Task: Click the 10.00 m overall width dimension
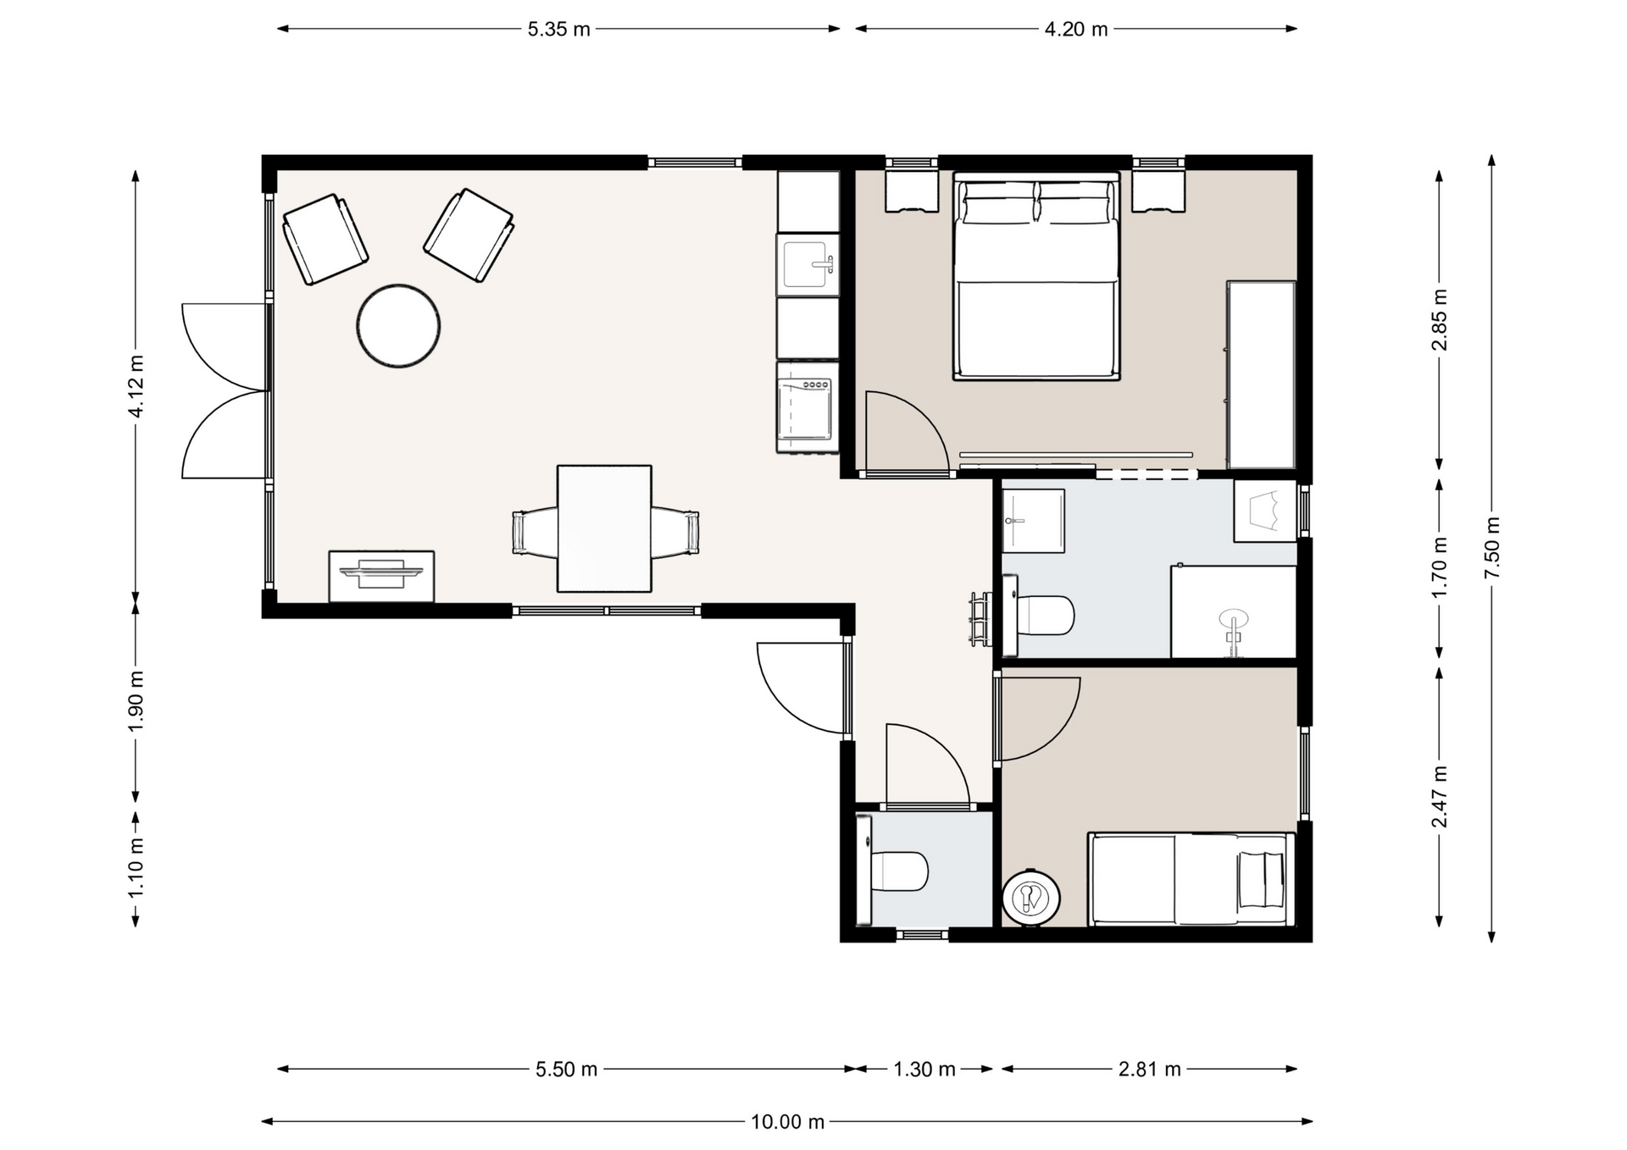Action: pyautogui.click(x=787, y=1122)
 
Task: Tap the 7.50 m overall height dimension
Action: pyautogui.click(x=1492, y=549)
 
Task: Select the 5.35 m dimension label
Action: pyautogui.click(x=558, y=29)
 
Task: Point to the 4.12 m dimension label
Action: pyautogui.click(x=136, y=386)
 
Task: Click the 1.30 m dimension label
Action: pyautogui.click(x=924, y=1070)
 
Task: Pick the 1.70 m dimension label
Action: pyautogui.click(x=1439, y=567)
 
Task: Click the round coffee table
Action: pyautogui.click(x=398, y=326)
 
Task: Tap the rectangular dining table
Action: pyautogui.click(x=604, y=528)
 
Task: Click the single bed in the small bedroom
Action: pyautogui.click(x=1191, y=879)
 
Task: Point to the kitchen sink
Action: pyautogui.click(x=808, y=265)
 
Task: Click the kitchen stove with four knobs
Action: pyautogui.click(x=808, y=407)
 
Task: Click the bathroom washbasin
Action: pyautogui.click(x=1033, y=521)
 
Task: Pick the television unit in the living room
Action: pyautogui.click(x=381, y=576)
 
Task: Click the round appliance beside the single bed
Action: pyautogui.click(x=1030, y=898)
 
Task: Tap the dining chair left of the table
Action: pyautogui.click(x=534, y=533)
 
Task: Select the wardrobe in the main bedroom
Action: pyautogui.click(x=1262, y=375)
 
